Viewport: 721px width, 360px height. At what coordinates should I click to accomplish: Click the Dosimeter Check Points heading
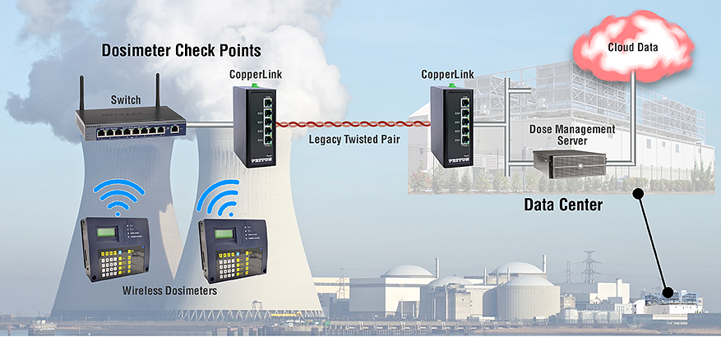tap(181, 51)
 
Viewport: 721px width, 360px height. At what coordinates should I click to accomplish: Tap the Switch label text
tap(126, 100)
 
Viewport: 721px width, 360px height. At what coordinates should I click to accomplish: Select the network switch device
tap(131, 126)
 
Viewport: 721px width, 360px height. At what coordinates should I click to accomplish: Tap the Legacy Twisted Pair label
tap(354, 139)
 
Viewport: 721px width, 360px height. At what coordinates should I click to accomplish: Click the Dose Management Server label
tap(571, 135)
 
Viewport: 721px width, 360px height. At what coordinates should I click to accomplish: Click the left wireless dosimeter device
tap(116, 246)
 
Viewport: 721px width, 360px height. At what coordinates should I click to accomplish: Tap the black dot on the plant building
tap(669, 292)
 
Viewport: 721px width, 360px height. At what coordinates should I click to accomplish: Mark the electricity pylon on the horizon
tap(589, 266)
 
